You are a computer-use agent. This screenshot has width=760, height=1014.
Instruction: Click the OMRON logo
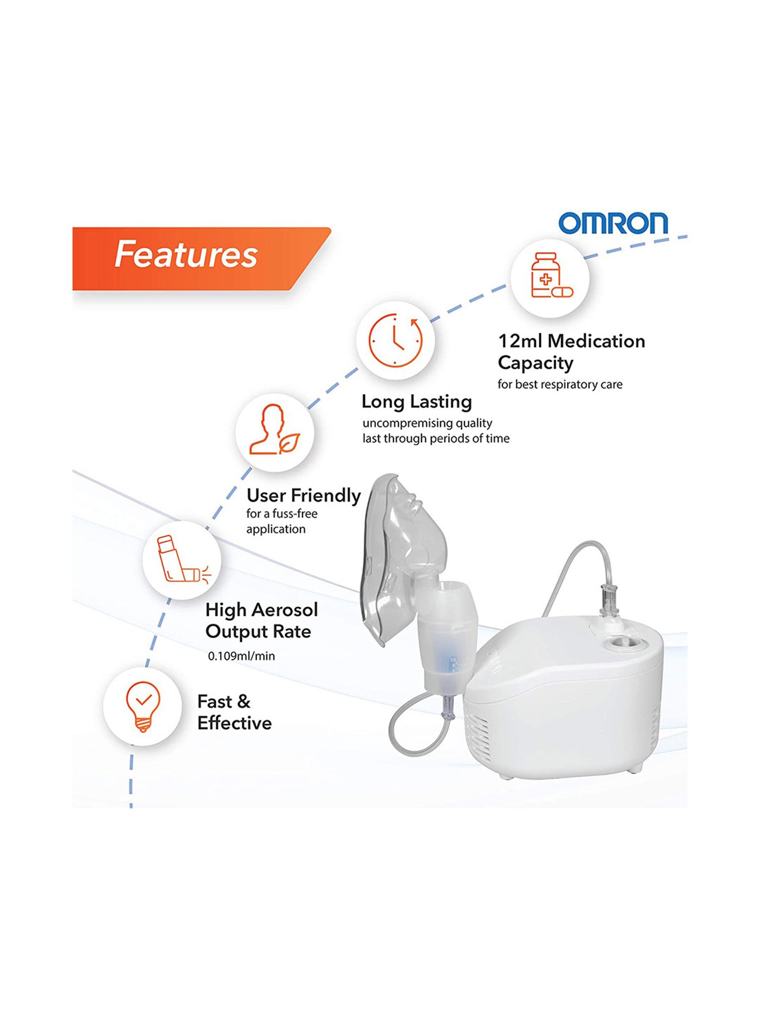[x=613, y=223]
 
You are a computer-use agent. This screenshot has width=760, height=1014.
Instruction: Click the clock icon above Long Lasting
[x=395, y=340]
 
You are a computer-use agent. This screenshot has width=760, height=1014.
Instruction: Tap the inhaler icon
[x=181, y=560]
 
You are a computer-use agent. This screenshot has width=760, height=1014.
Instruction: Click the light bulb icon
[x=143, y=706]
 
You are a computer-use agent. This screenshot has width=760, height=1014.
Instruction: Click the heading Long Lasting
[x=416, y=402]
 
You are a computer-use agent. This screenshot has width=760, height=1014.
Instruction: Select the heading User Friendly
[x=303, y=495]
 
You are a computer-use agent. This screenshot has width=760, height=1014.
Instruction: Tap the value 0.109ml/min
[x=241, y=656]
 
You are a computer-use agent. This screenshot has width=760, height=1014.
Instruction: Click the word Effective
[x=234, y=723]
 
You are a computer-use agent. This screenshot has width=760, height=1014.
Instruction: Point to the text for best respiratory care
[x=559, y=384]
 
